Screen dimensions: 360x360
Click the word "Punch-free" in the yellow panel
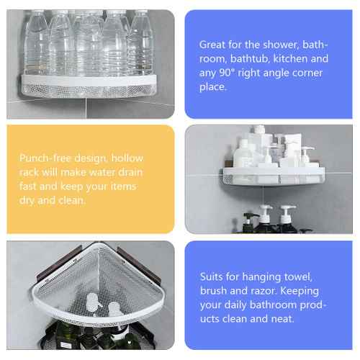click(x=45, y=158)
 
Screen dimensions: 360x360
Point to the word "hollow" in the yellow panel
click(x=127, y=158)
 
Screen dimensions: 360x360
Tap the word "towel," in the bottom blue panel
click(x=298, y=277)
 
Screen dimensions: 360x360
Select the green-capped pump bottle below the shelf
click(x=249, y=222)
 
